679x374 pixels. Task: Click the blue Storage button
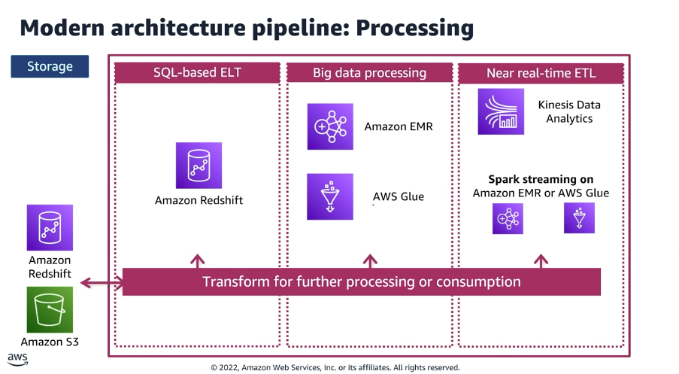50,66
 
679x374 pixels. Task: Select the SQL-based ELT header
197,73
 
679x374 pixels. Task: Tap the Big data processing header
369,73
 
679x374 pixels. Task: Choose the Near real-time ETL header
541,73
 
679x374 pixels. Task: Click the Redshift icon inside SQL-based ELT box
199,166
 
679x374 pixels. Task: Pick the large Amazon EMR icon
329,126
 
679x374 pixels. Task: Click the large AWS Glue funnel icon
329,196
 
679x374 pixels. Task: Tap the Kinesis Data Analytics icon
501,111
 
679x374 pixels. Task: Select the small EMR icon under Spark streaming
508,218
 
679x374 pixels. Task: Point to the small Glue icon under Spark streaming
579,218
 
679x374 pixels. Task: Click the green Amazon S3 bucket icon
50,309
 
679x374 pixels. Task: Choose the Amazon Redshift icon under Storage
50,227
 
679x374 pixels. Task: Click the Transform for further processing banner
361,282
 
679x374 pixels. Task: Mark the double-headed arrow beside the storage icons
102,283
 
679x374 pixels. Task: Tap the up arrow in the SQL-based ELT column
198,261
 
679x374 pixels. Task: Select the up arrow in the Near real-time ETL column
541,261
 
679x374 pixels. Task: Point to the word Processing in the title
414,29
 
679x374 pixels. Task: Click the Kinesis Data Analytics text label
569,112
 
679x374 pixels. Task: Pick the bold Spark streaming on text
541,179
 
